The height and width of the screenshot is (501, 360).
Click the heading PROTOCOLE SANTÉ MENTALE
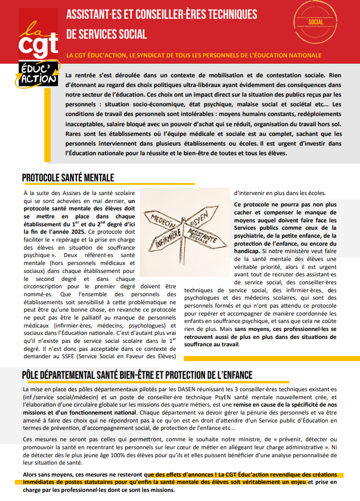pyautogui.click(x=68, y=177)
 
